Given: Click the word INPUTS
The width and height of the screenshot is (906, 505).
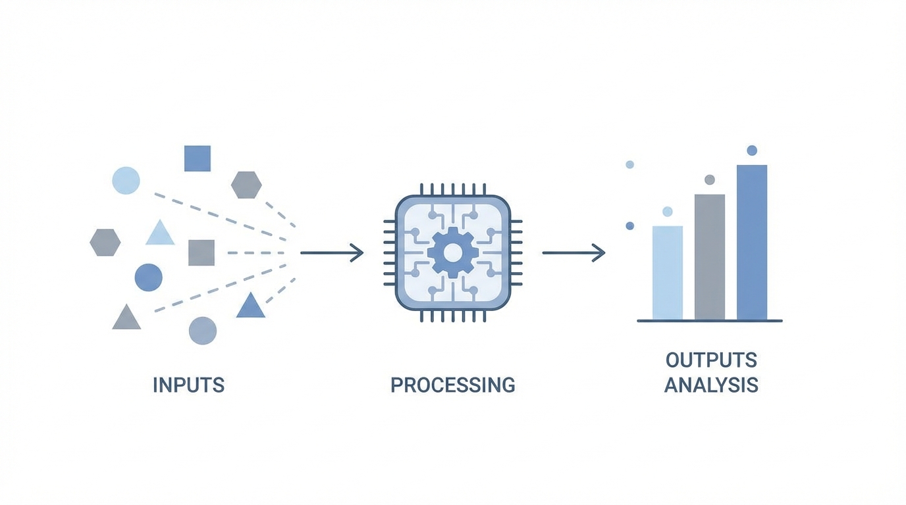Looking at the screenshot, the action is pyautogui.click(x=188, y=385).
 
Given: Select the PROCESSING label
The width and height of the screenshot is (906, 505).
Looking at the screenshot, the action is pyautogui.click(x=452, y=385).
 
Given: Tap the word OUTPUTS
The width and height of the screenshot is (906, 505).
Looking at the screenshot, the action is pyautogui.click(x=711, y=360).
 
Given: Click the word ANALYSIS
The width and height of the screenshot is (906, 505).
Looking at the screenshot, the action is pyautogui.click(x=711, y=385).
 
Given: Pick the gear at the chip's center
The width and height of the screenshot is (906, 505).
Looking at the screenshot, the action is pyautogui.click(x=452, y=252).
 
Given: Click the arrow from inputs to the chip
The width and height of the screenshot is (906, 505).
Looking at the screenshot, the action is pyautogui.click(x=331, y=252).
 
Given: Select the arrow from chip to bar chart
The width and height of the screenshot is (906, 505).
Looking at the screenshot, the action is pyautogui.click(x=573, y=252).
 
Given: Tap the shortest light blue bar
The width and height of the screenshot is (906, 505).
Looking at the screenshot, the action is pyautogui.click(x=667, y=272).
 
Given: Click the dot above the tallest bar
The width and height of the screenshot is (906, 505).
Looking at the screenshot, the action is pyautogui.click(x=752, y=151).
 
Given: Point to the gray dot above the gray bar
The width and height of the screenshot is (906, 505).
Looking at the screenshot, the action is pyautogui.click(x=709, y=180).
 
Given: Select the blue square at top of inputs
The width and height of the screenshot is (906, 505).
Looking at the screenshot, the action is pyautogui.click(x=197, y=158).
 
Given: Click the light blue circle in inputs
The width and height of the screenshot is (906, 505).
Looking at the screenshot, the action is pyautogui.click(x=126, y=180).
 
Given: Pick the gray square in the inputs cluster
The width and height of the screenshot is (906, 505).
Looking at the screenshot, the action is pyautogui.click(x=201, y=252).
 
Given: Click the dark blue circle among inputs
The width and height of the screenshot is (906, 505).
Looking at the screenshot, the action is pyautogui.click(x=148, y=277).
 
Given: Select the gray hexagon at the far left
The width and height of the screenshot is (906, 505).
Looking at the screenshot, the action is pyautogui.click(x=105, y=243).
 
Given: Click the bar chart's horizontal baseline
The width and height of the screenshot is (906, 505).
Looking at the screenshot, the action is pyautogui.click(x=709, y=321).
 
